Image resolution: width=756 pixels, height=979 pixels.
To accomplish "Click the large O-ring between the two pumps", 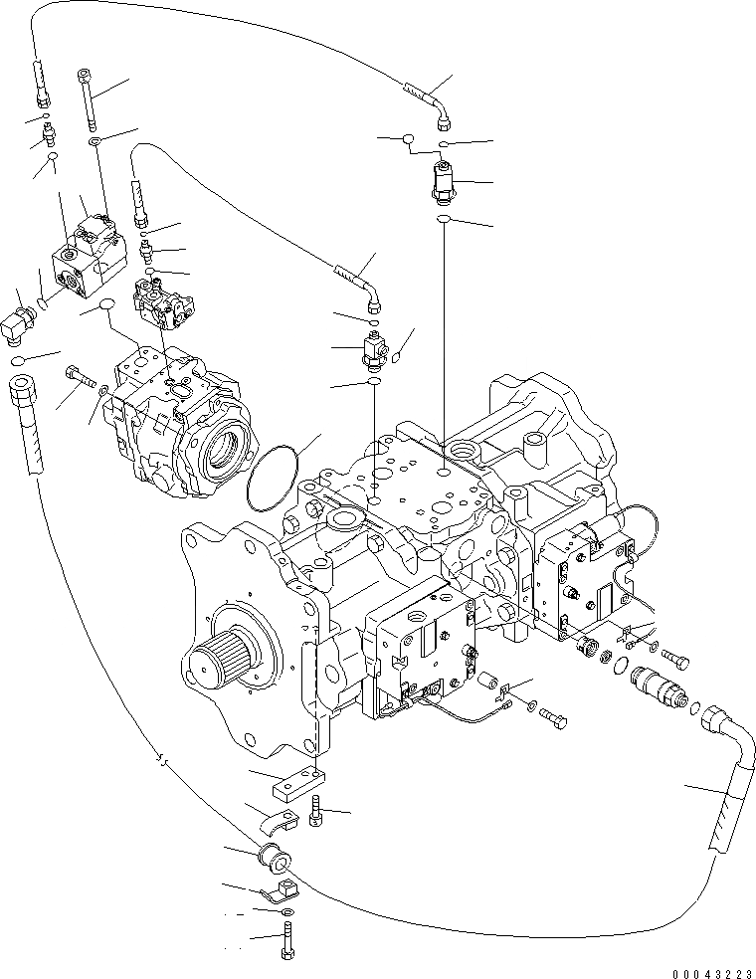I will pos(271,479).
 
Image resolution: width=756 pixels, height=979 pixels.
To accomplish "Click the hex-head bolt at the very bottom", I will pos(286,940).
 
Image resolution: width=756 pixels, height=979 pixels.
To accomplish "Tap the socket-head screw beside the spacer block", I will pos(316,811).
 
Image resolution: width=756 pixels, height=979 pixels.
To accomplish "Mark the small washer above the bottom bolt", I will pos(286,912).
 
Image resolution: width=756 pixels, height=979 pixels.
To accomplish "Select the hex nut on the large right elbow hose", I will pos(716,717).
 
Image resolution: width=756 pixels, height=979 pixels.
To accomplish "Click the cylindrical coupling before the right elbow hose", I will pos(658,687).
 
